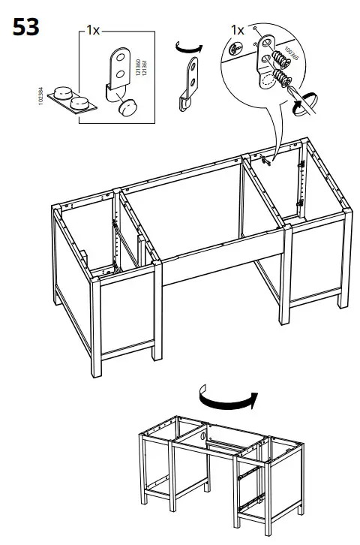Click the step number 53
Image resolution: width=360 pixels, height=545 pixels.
25,29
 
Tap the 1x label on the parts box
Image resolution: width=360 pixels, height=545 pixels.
93,31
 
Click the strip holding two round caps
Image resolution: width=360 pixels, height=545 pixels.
76,100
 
